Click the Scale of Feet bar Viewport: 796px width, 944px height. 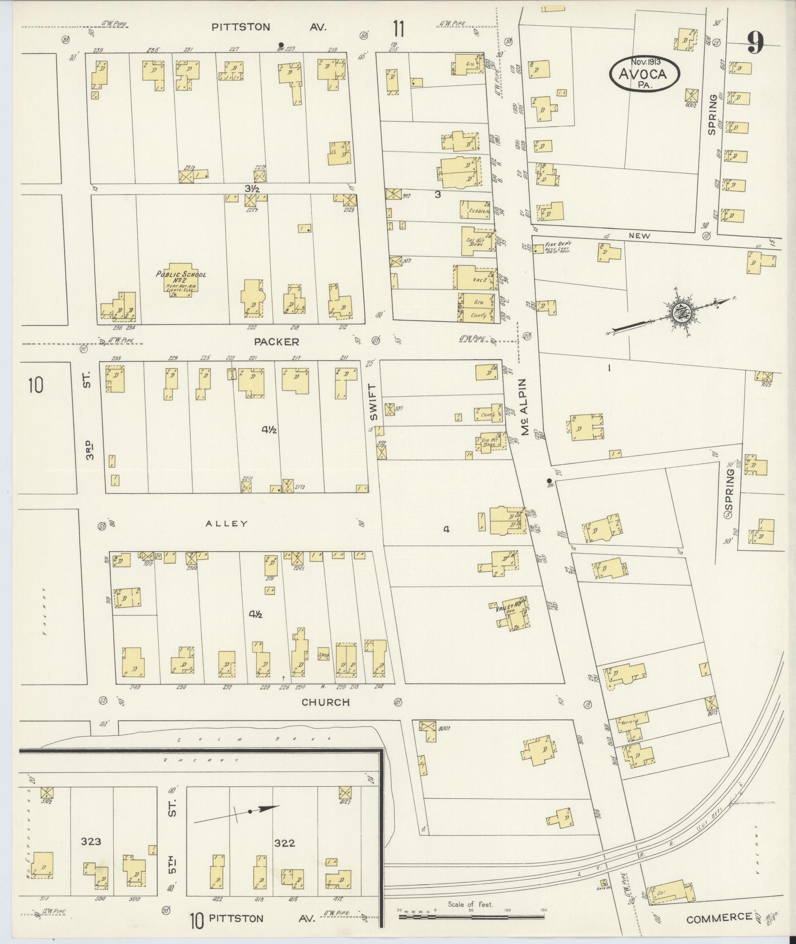471,917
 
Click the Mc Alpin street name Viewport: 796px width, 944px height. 525,407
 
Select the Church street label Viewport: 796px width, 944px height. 326,702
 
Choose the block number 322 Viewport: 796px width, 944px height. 285,843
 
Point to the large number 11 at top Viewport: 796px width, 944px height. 399,29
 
